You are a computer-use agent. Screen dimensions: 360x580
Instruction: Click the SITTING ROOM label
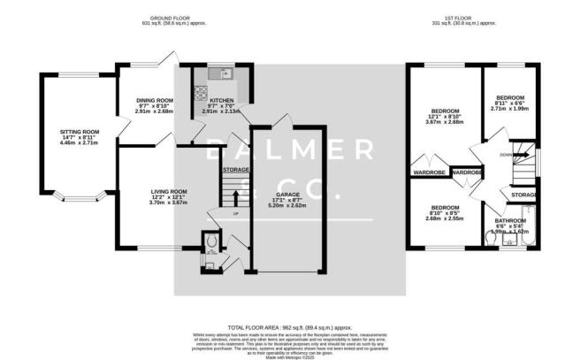coord(79,132)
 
